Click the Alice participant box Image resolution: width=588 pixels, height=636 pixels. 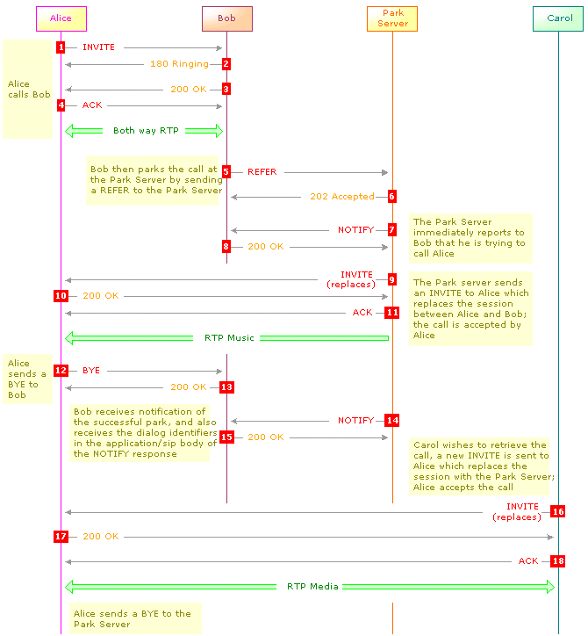pos(61,18)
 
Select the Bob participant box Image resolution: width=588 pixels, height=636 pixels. pos(227,18)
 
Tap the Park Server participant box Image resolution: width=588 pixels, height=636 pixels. pos(392,18)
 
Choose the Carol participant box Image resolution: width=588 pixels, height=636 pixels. pos(558,18)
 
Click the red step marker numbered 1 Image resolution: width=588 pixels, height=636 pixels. pos(61,47)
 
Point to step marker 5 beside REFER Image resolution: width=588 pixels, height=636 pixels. pos(226,172)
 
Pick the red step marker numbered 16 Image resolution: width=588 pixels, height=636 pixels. pos(558,511)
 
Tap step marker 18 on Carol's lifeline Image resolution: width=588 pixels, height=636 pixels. pos(558,561)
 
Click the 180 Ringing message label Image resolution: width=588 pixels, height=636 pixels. pos(179,64)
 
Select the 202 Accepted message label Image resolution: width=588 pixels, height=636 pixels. pos(342,197)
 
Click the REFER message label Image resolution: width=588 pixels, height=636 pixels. pos(262,172)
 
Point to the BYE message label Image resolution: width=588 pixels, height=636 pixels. pos(91,371)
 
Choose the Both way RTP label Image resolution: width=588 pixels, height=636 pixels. pos(146,131)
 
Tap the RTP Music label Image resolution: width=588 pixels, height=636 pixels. pos(229,338)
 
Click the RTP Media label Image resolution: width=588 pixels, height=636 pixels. pos(312,587)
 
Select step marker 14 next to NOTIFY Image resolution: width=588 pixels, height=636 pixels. pos(392,420)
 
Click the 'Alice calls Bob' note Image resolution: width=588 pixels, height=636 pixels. pos(27,90)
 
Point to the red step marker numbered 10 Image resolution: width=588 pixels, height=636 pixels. pos(61,296)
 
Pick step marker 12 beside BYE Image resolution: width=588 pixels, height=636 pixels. pos(61,371)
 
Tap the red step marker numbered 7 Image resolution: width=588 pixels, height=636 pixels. pos(392,230)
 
